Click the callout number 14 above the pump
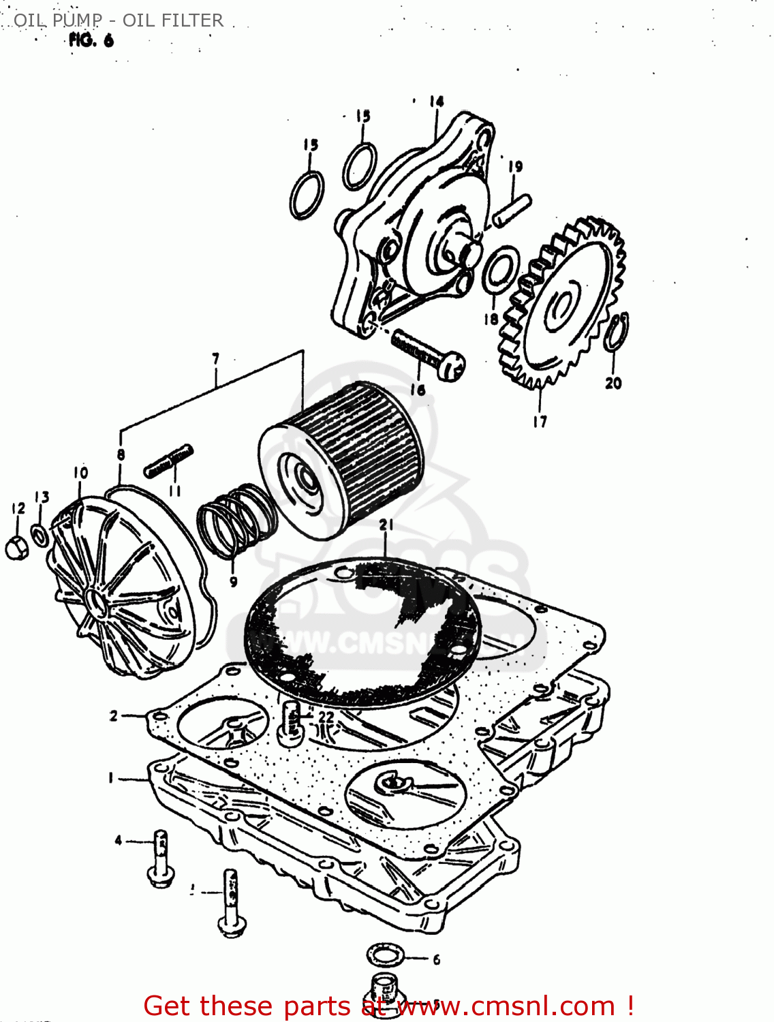436,102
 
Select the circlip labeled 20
617,332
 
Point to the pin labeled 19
512,209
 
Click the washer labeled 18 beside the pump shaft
501,270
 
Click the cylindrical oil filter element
341,460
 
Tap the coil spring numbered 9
236,521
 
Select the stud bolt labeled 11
168,461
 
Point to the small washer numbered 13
40,535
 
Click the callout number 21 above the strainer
386,525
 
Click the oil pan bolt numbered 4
161,858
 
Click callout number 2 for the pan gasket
114,715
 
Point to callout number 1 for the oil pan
110,777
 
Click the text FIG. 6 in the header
91,40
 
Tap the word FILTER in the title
191,20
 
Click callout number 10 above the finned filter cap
80,472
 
